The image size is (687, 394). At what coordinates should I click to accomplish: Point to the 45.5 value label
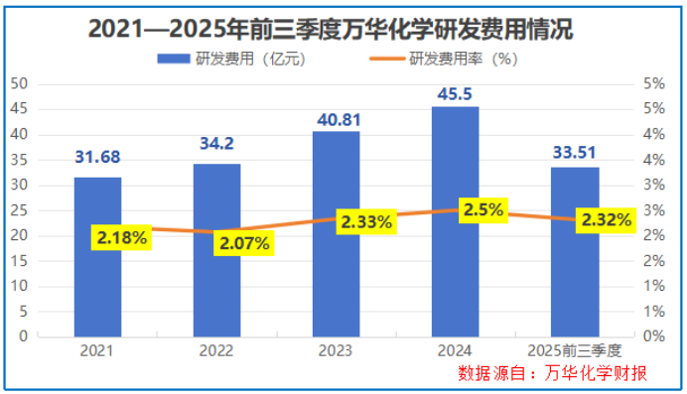456,92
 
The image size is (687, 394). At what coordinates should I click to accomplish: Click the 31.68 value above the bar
97,157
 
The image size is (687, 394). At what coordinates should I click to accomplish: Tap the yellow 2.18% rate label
121,238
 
